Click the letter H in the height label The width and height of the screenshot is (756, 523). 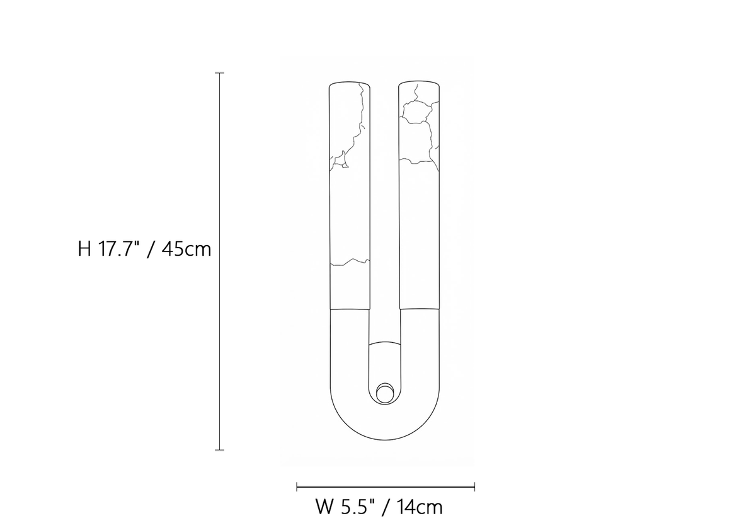84,249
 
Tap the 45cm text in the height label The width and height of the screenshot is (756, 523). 186,249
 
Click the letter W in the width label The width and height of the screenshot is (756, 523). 324,507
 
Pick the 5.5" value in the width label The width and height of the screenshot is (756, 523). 358,507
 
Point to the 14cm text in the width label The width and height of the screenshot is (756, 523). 419,507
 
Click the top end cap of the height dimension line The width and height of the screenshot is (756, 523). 220,73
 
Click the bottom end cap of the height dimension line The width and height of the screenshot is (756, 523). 220,450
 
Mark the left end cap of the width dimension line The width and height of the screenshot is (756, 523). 297,487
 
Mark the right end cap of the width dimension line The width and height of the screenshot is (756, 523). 474,487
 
